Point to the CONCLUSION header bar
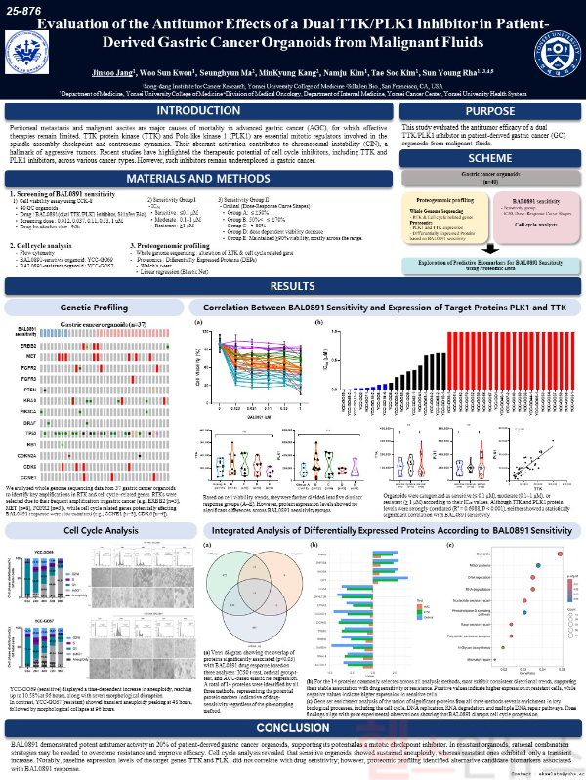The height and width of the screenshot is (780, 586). tap(292, 699)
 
